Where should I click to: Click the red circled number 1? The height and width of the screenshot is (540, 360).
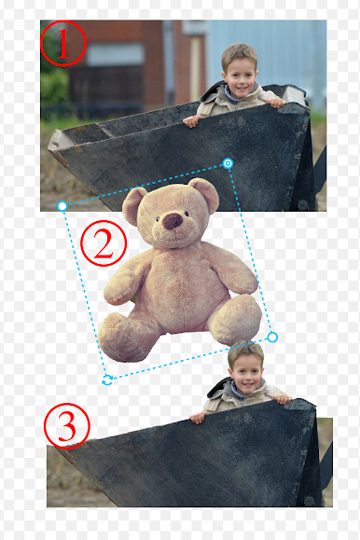point(63,44)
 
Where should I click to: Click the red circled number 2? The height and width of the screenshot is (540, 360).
point(104,243)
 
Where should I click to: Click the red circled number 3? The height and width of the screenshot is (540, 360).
point(67,426)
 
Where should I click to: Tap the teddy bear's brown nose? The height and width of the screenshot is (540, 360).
point(173,221)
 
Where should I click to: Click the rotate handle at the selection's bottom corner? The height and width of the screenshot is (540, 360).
point(107,380)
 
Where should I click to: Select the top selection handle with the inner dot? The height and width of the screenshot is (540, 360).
point(228,163)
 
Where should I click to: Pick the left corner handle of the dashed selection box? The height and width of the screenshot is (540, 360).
point(62,206)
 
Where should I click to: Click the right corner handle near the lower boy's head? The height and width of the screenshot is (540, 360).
point(272,338)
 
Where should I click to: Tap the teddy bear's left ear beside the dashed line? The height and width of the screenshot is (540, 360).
point(133,205)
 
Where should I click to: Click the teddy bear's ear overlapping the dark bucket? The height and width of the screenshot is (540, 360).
point(204,194)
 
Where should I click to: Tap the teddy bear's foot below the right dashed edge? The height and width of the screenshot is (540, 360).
point(235,320)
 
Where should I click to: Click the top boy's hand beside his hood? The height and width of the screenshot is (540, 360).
point(191,121)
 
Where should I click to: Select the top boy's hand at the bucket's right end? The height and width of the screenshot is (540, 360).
point(277,103)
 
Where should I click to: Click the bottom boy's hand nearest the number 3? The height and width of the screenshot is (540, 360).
point(198,418)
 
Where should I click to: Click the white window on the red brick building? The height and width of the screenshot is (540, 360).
point(115,54)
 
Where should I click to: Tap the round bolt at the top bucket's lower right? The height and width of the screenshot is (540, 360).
point(302,205)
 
